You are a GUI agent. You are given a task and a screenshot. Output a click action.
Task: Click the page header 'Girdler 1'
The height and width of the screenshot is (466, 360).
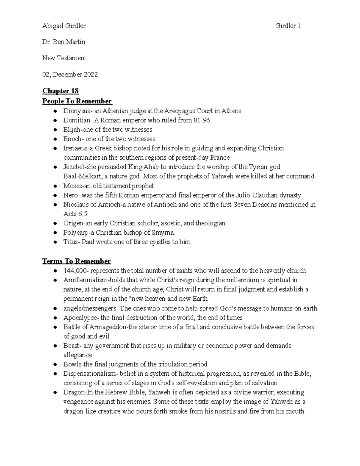click(x=288, y=26)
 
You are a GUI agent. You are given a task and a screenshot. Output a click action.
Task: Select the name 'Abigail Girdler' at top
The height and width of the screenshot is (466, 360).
click(x=64, y=26)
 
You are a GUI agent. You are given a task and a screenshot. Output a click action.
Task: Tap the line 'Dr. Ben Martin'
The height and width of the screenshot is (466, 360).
click(x=64, y=42)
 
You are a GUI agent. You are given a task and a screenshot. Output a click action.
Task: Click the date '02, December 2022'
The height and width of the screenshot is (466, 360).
click(x=70, y=74)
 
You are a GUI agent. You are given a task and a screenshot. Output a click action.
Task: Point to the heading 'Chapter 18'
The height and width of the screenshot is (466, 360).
click(x=61, y=91)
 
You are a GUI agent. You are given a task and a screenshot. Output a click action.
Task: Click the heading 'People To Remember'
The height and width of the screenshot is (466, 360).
click(x=77, y=101)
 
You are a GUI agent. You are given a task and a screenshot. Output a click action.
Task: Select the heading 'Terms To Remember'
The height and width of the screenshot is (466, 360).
click(x=77, y=261)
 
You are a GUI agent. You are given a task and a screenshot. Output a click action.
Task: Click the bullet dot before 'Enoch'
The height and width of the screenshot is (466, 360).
click(x=55, y=139)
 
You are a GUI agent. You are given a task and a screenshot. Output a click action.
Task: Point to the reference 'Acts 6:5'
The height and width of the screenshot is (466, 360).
click(x=75, y=214)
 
